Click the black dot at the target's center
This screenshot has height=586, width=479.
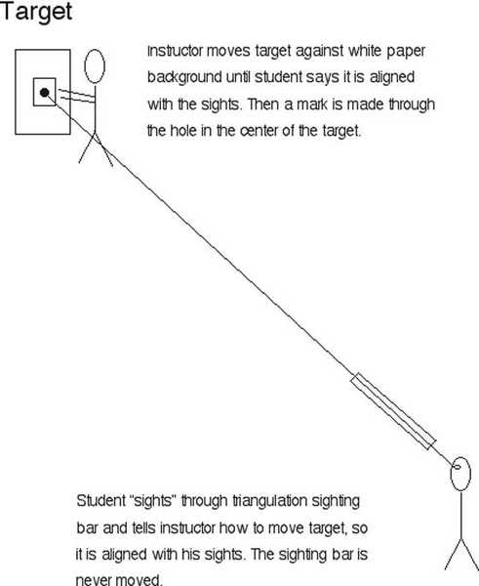click(45, 93)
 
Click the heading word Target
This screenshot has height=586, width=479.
click(36, 12)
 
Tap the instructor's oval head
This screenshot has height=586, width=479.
click(95, 66)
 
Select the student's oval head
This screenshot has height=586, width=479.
click(460, 474)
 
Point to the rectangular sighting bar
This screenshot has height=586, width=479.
click(393, 411)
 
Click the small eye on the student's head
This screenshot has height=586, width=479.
click(457, 467)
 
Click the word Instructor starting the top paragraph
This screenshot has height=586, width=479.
click(175, 51)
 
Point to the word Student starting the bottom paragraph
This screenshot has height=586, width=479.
click(100, 501)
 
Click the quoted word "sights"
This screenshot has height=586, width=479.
click(153, 502)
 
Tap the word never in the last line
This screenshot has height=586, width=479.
click(94, 580)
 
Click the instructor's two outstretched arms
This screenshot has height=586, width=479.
click(77, 96)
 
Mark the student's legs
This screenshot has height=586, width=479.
click(461, 554)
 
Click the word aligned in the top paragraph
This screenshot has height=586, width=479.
click(392, 78)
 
